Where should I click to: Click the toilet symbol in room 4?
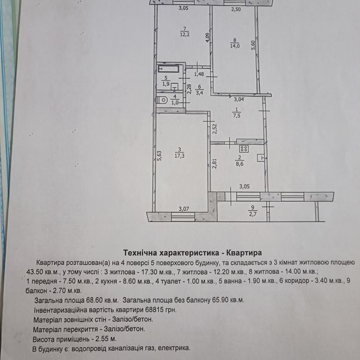tap(162, 100)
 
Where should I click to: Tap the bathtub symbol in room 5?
tap(168, 69)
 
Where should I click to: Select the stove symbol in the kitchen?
tap(244, 149)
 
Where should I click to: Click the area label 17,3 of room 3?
tap(179, 156)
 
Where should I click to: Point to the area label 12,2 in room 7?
tap(185, 35)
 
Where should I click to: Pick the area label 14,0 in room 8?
tap(235, 46)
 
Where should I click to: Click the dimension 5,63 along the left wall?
tap(159, 155)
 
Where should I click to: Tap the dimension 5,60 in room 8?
tap(253, 45)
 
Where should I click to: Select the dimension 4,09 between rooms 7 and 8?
tap(207, 37)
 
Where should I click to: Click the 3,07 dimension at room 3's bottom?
tap(184, 209)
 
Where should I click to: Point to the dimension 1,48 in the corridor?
tap(199, 74)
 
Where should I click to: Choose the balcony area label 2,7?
tap(253, 215)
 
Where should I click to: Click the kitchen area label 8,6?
tap(239, 164)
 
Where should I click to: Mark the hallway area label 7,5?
tap(236, 116)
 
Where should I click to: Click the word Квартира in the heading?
tap(244, 253)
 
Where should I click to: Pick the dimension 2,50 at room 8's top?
tap(236, 10)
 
